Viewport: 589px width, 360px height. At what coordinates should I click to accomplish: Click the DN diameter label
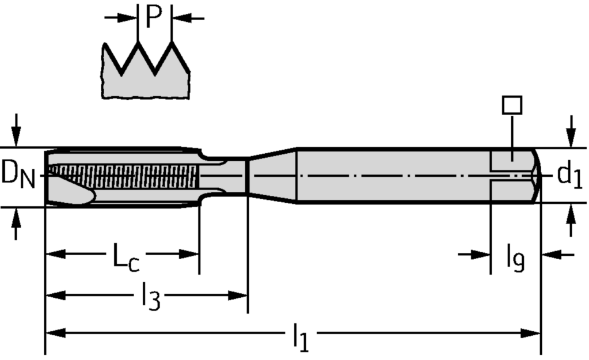(x=18, y=174)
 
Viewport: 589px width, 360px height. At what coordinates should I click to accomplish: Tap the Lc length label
(x=126, y=257)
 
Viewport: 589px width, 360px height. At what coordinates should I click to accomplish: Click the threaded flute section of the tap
(x=124, y=176)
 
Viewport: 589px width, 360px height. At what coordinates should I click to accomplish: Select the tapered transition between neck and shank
(x=272, y=176)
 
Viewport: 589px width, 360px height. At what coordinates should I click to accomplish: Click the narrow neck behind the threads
(x=225, y=176)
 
